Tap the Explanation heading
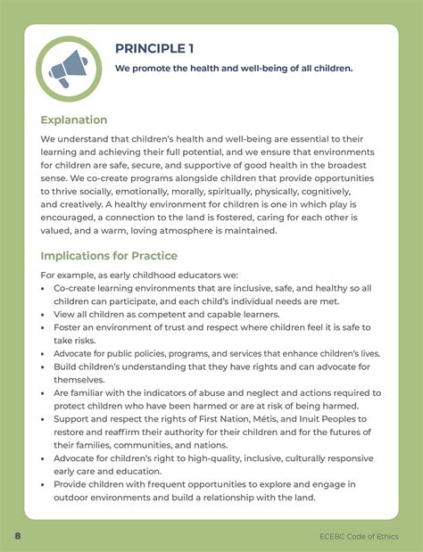(74, 119)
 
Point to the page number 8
(17, 536)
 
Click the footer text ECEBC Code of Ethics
(359, 536)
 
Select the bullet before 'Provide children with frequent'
(45, 483)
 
